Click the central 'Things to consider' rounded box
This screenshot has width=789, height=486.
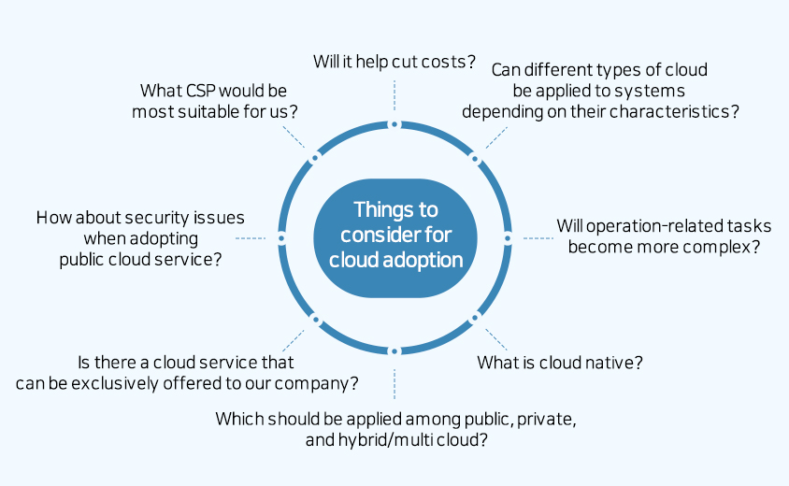tap(394, 237)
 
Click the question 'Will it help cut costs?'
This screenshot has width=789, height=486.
tap(394, 62)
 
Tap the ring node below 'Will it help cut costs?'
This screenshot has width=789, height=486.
tap(394, 124)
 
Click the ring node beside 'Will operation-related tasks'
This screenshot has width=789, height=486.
tap(508, 237)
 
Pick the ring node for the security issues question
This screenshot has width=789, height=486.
tap(280, 237)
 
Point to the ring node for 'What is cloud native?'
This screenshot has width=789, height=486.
tap(474, 318)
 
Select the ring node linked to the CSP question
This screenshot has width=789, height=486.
tap(314, 158)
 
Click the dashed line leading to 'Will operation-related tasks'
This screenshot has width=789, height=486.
tap(537, 237)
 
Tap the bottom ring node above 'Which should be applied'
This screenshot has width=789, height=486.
tap(394, 350)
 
